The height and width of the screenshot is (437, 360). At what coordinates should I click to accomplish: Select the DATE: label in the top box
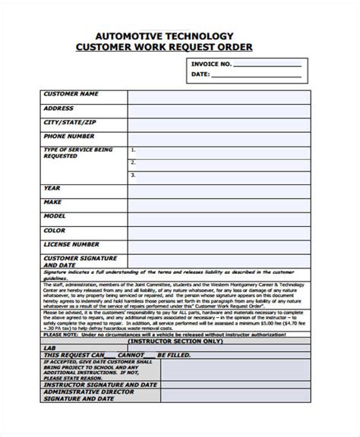point(200,74)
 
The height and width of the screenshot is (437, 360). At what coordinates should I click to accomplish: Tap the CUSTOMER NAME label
point(71,94)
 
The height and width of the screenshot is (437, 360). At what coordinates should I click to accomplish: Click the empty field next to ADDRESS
point(217,108)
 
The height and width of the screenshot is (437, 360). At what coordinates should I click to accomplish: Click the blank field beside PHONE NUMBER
point(217,136)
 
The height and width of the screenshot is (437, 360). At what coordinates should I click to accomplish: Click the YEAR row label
point(52,187)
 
